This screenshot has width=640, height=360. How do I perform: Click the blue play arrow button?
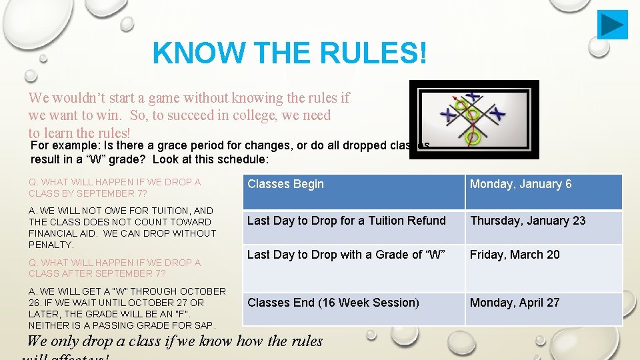(612, 25)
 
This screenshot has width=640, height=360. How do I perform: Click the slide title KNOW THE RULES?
(289, 52)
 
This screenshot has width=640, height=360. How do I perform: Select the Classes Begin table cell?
(285, 184)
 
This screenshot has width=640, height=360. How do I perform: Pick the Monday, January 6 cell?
(521, 184)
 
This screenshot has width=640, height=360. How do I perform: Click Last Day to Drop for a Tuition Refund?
(346, 221)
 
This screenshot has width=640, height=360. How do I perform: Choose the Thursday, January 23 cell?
(527, 221)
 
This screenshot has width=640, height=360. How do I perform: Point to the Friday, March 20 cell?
(515, 255)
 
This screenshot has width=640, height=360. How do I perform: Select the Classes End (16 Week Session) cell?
(333, 303)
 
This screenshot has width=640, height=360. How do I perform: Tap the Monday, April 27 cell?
(514, 303)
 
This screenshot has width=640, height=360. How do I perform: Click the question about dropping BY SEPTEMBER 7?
(114, 187)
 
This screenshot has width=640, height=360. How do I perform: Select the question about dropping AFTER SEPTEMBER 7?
(114, 268)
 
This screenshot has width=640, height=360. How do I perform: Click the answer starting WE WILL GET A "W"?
(127, 308)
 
